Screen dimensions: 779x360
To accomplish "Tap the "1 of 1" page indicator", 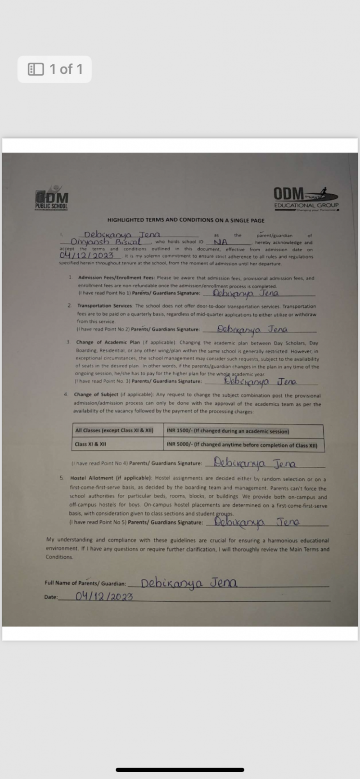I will (x=55, y=69).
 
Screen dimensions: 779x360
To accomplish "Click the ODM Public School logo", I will (x=52, y=198).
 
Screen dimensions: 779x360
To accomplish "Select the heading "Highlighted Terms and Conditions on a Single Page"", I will (x=186, y=220).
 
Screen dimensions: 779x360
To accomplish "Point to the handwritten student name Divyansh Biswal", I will (x=105, y=242).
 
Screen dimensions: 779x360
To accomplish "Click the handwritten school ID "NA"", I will (x=220, y=242).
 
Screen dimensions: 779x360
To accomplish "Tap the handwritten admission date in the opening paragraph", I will (x=86, y=256).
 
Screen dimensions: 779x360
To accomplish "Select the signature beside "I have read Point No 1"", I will (x=246, y=293).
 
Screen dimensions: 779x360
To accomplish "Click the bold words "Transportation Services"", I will (x=104, y=306).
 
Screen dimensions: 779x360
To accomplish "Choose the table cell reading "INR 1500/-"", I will (x=228, y=431).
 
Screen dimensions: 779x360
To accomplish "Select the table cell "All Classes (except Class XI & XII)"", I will (x=114, y=430).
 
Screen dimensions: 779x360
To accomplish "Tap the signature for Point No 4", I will (x=255, y=463).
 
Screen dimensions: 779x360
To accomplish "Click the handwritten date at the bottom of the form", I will (x=104, y=596).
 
